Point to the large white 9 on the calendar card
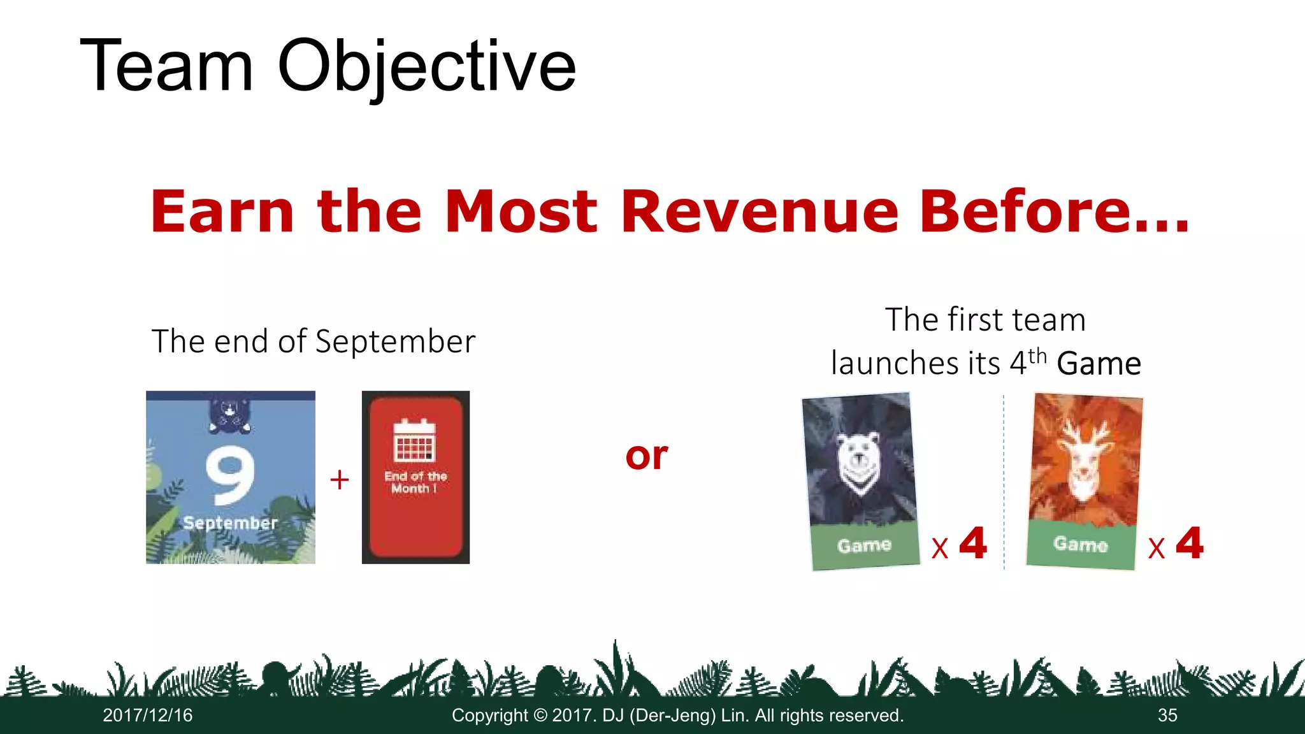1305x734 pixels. [x=230, y=474]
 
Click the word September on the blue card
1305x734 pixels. [x=230, y=523]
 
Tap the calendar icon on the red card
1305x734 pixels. [x=414, y=440]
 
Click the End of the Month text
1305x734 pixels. [x=415, y=482]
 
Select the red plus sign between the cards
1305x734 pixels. [x=340, y=479]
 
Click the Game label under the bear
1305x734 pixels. [x=864, y=545]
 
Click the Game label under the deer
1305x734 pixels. [x=1081, y=543]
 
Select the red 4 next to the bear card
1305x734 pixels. [x=973, y=543]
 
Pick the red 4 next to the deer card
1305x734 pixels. [x=1190, y=543]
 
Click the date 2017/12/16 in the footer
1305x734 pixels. [x=148, y=716]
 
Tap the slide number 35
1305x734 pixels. [x=1167, y=716]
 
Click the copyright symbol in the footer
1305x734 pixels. [x=540, y=716]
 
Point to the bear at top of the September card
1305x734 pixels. [x=230, y=415]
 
